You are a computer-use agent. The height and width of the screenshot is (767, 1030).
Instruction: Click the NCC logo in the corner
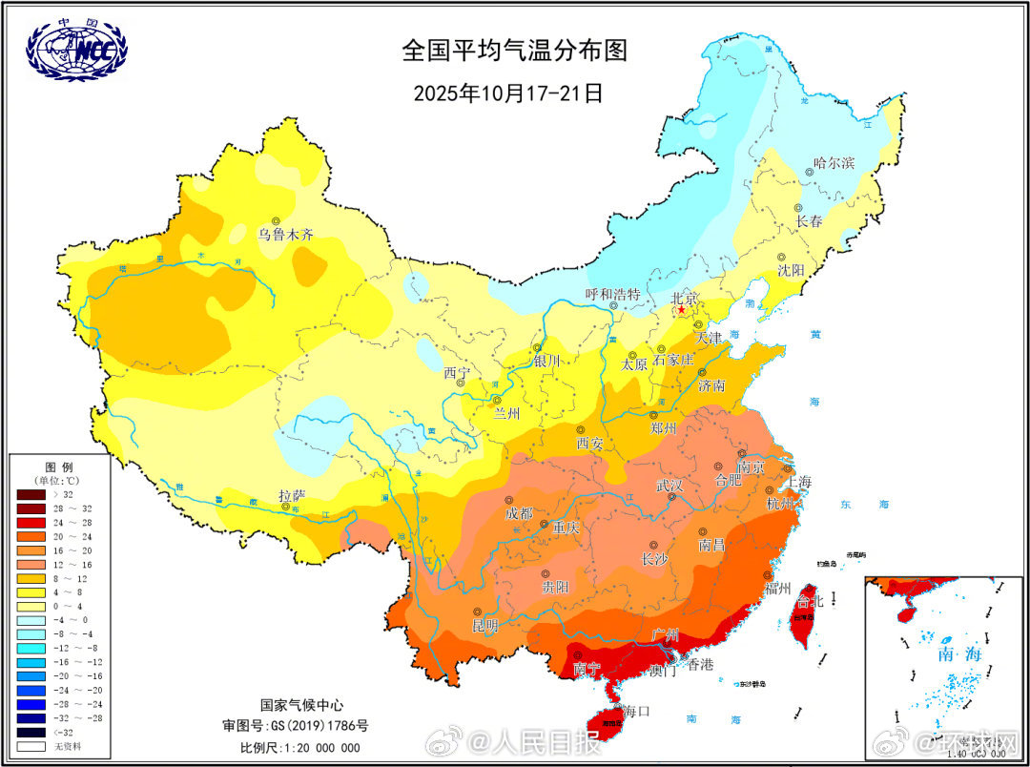pos(76,50)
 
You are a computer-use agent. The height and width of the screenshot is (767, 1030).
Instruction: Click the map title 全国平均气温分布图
pos(515,51)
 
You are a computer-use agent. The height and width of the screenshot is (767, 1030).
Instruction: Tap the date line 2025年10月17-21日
pos(508,93)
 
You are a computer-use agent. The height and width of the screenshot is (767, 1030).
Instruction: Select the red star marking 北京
pos(681,310)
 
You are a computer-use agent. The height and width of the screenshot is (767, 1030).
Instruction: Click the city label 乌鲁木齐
pos(286,234)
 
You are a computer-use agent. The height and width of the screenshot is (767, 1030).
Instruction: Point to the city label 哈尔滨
pos(834,163)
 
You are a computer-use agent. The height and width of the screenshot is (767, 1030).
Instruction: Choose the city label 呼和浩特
pos(612,294)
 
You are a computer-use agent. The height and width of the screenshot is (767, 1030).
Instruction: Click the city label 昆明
pos(484,626)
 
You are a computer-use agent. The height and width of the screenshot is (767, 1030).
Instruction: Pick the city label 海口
pos(635,711)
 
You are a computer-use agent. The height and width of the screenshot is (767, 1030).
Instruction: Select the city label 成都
pos(519,513)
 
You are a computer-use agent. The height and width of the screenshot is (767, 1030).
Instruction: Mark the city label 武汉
pos(669,485)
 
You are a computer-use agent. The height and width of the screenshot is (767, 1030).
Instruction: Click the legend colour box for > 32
pos(31,494)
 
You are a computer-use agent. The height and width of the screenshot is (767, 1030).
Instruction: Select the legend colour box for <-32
pos(31,732)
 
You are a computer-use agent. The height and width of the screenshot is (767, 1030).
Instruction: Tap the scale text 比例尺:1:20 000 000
pos(301,747)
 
